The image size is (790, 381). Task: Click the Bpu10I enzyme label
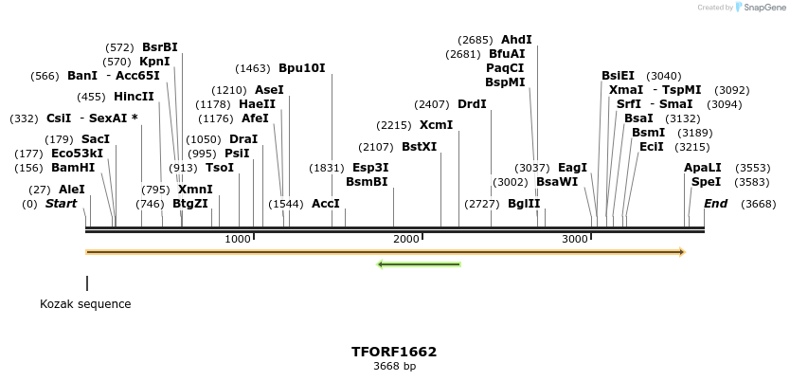pos(301,68)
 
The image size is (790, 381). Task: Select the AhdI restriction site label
pos(516,40)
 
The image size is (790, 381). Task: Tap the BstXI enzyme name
pos(420,147)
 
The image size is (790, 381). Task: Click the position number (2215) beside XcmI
pos(394,125)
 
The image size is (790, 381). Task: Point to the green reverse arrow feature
pos(419,263)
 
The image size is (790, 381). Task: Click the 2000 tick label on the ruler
pos(406,239)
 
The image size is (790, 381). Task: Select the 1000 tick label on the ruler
pos(238,239)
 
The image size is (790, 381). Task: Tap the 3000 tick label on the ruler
pos(575,239)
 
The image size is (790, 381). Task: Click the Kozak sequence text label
pos(85,304)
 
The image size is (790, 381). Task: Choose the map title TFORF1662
pos(394,352)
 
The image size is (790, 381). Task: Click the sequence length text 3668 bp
pos(394,366)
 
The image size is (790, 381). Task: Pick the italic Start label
pos(61,204)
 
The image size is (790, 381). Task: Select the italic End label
pos(715,204)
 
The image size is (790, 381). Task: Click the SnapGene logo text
pos(765,8)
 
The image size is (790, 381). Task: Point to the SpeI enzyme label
pos(706,182)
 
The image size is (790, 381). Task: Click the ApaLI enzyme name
pos(702,168)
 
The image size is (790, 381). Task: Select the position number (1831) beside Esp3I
pos(327,168)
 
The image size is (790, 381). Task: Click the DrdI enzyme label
pos(472,104)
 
